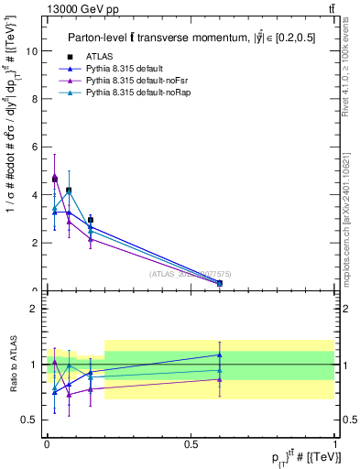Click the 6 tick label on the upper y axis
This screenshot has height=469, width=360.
coord(37,147)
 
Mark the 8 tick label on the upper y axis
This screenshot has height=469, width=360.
coord(37,99)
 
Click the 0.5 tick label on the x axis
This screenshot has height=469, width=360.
coord(191,443)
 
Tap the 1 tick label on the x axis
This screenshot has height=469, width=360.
coord(334,443)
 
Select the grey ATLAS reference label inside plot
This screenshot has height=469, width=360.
coord(190,273)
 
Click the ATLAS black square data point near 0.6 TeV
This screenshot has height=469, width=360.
coord(220,283)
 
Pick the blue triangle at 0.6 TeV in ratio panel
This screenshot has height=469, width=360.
coord(220,354)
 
